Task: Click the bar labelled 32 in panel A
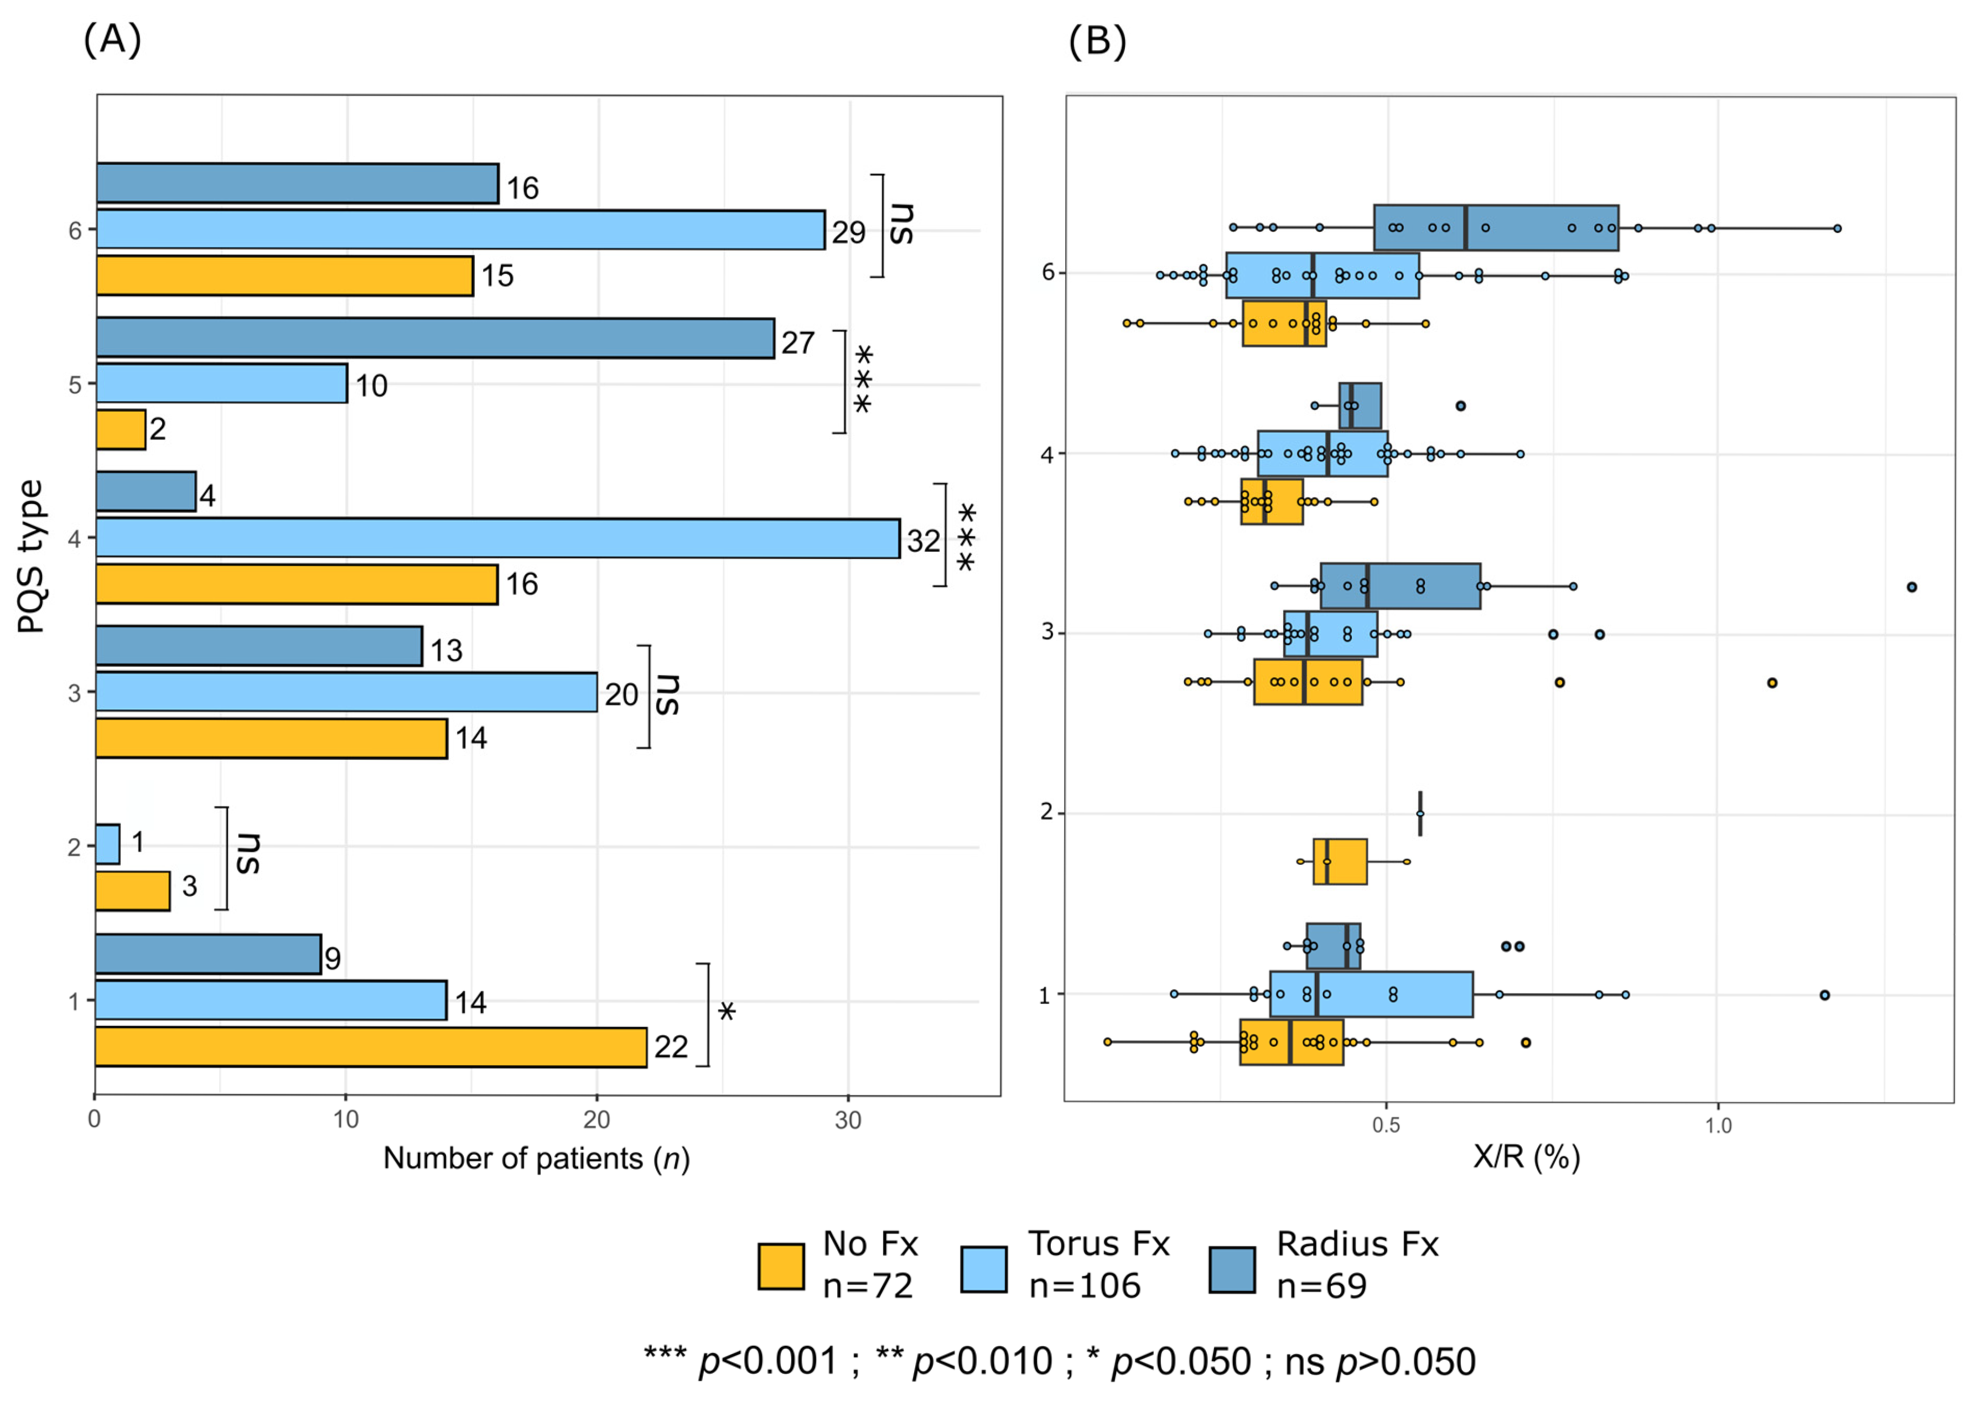point(497,538)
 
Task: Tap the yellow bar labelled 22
point(371,1047)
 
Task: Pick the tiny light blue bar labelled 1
point(107,844)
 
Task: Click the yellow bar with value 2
point(120,429)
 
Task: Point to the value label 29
point(848,232)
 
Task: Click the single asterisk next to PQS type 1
point(727,1011)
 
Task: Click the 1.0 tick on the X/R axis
point(1718,1125)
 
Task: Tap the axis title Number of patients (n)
point(537,1159)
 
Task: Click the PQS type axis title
point(30,557)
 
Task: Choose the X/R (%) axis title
point(1527,1156)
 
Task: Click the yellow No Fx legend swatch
point(781,1267)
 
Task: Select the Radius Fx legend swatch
point(1232,1270)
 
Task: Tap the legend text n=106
point(1085,1286)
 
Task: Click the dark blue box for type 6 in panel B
point(1496,228)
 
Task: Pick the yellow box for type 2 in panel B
point(1340,862)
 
